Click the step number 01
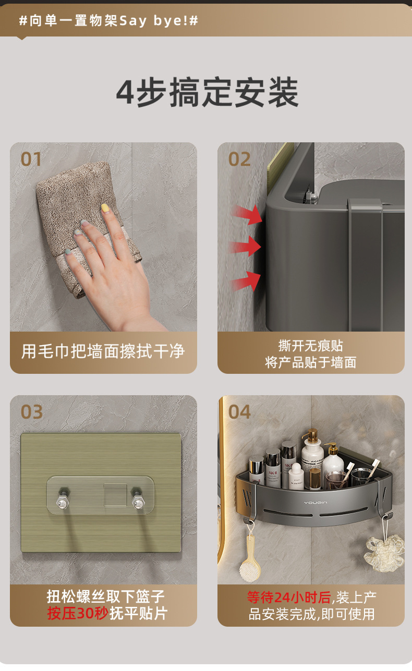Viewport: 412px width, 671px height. pos(31,159)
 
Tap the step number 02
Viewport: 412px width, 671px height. pos(239,159)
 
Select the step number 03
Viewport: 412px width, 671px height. pos(31,412)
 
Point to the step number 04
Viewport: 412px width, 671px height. pos(239,412)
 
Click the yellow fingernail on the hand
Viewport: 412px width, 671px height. pos(105,208)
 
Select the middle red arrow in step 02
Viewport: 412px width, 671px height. pos(245,247)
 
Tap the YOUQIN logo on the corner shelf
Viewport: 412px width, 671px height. pos(315,503)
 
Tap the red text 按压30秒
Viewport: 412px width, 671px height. pos(77,613)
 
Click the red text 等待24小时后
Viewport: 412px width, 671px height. pos(289,597)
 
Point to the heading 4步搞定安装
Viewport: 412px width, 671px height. pos(208,92)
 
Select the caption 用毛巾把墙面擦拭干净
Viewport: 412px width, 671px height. pos(103,351)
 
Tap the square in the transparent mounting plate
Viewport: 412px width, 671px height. pos(115,495)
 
